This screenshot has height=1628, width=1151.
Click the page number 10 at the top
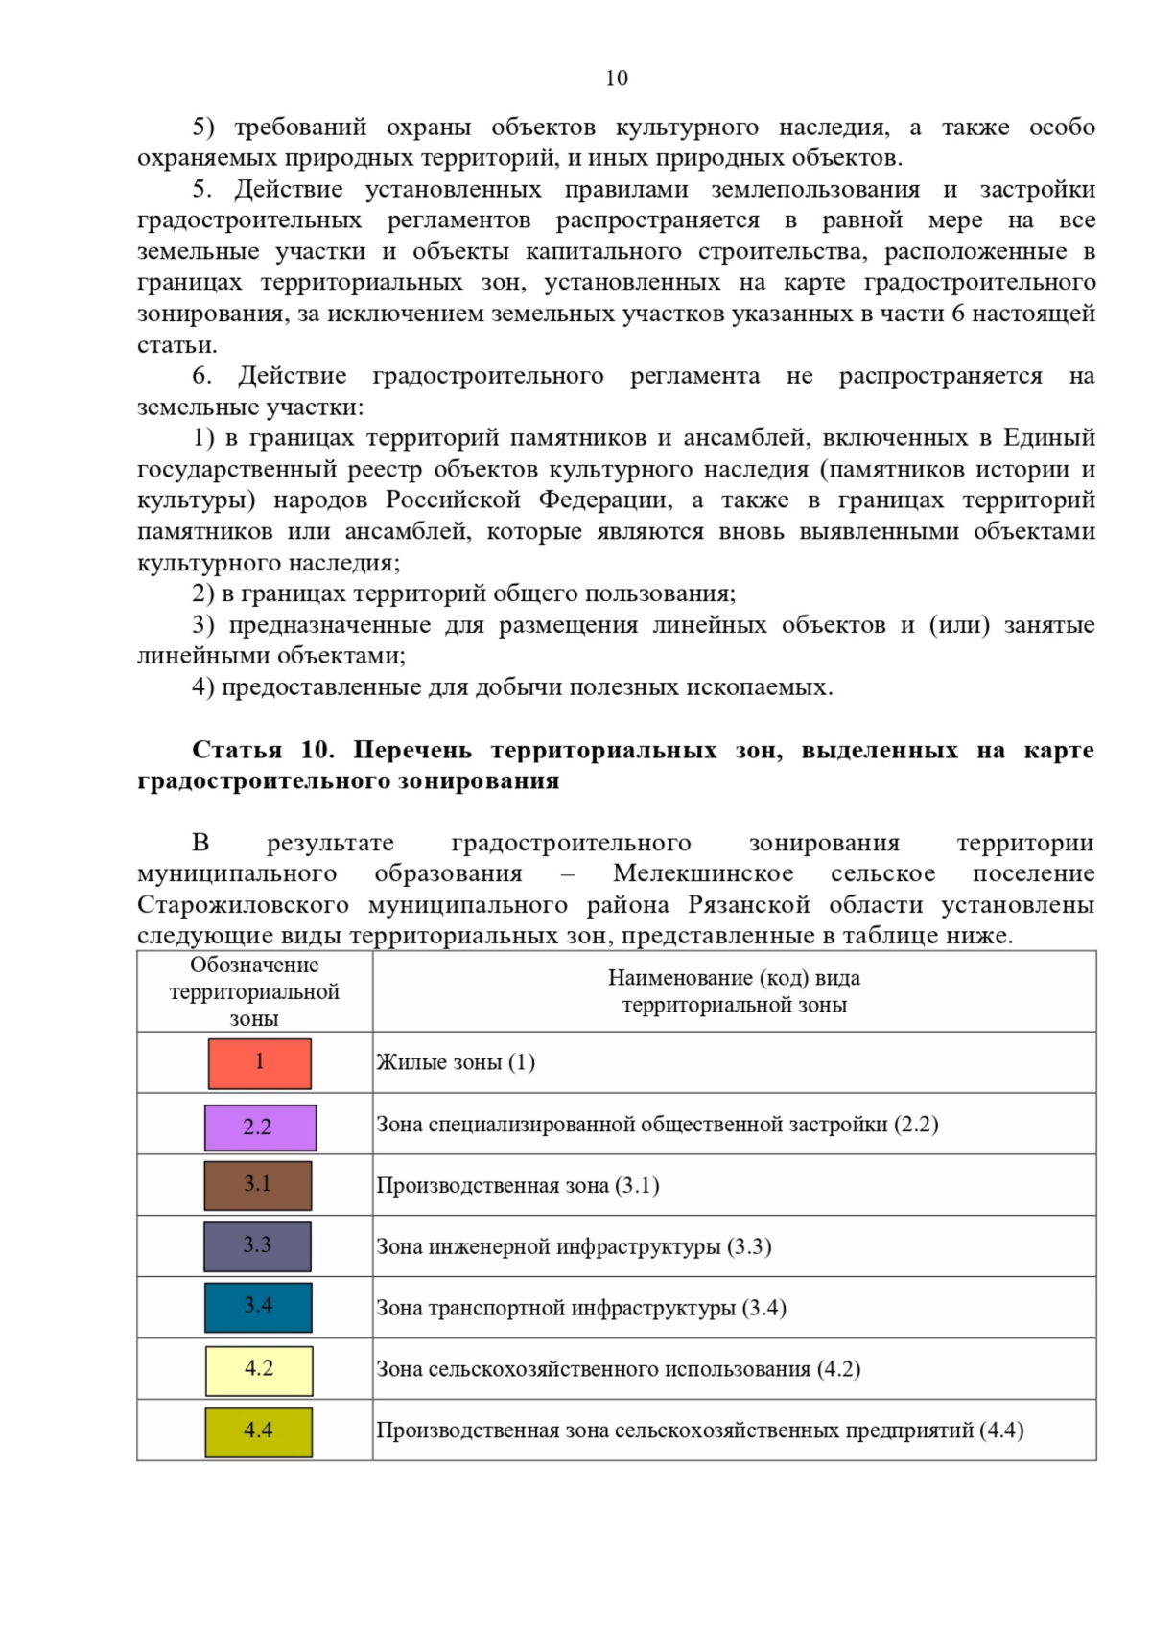pyautogui.click(x=617, y=79)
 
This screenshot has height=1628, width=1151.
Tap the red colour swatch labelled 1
pyautogui.click(x=260, y=1063)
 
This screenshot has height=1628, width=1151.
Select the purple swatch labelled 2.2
pyautogui.click(x=260, y=1128)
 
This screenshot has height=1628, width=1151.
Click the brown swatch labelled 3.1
pyautogui.click(x=258, y=1185)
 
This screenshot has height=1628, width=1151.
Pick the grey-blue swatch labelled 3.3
pyautogui.click(x=258, y=1246)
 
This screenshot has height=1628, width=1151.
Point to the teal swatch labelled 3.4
pyautogui.click(x=258, y=1307)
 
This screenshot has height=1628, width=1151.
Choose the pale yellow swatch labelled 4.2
pyautogui.click(x=259, y=1370)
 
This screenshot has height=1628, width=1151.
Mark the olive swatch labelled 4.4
pyautogui.click(x=259, y=1431)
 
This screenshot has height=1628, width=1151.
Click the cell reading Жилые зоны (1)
pyautogui.click(x=456, y=1062)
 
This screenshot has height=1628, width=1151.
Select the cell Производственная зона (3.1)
pyautogui.click(x=518, y=1186)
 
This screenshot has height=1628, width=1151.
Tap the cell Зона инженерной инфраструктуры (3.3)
pyautogui.click(x=574, y=1246)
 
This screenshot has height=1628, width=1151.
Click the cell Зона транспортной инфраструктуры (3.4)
pyautogui.click(x=581, y=1308)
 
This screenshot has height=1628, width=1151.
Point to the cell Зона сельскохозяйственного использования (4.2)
pyautogui.click(x=619, y=1369)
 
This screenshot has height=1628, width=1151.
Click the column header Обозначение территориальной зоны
pyautogui.click(x=254, y=991)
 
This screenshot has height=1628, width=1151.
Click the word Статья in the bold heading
pyautogui.click(x=237, y=750)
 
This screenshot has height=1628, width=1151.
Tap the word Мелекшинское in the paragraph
pyautogui.click(x=703, y=873)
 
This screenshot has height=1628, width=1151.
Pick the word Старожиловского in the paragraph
pyautogui.click(x=243, y=905)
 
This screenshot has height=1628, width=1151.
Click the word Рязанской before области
pyautogui.click(x=749, y=905)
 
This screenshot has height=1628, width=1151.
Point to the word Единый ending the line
pyautogui.click(x=1048, y=438)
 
